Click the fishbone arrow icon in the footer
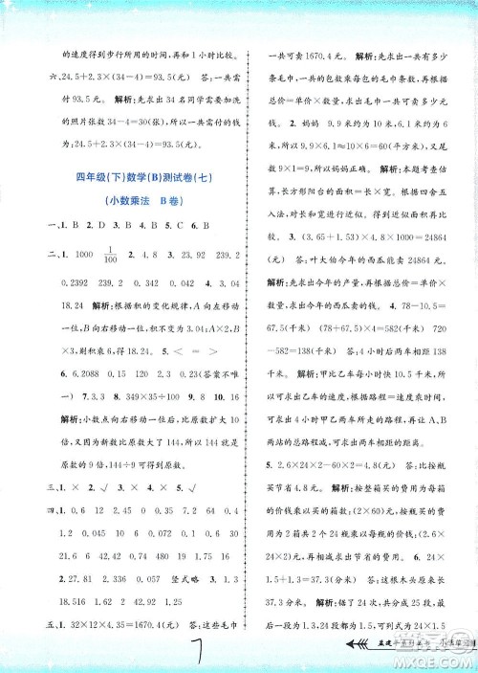[x=364, y=646]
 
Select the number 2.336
[x=121, y=578]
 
